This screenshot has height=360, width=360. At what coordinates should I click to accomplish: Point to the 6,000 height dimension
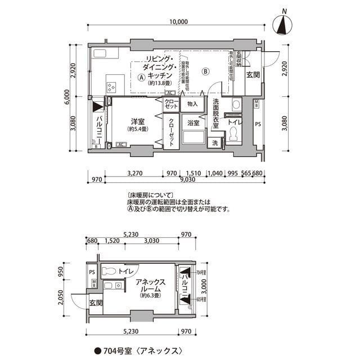(x=66, y=97)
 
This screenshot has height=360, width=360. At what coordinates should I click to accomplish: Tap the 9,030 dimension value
(x=188, y=180)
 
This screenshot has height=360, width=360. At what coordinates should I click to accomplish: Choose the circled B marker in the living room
(x=205, y=71)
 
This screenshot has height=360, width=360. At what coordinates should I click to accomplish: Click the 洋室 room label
(x=138, y=121)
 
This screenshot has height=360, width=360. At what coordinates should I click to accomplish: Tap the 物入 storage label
(x=192, y=104)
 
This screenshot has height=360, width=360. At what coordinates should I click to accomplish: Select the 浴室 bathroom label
(x=193, y=123)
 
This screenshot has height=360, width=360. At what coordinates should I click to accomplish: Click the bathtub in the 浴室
(x=193, y=139)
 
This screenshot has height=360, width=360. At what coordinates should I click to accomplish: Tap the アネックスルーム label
(x=151, y=285)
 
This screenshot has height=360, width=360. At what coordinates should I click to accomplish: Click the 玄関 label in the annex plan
(x=95, y=303)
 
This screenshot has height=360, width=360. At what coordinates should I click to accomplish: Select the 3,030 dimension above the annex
(x=150, y=241)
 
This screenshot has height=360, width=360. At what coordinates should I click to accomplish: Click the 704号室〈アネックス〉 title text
(x=141, y=350)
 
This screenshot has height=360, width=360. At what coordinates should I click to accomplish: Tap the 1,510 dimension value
(x=193, y=173)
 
